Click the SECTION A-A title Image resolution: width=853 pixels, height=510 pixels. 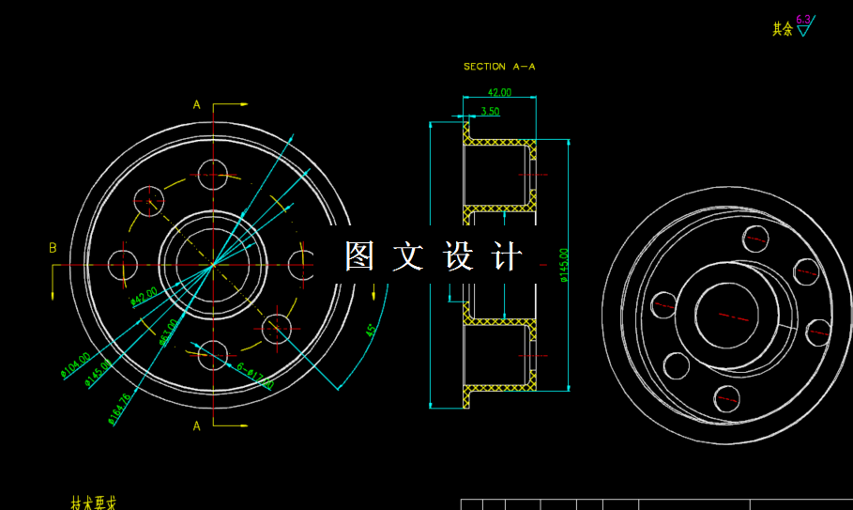pyautogui.click(x=498, y=67)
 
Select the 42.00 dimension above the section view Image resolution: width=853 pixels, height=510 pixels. pyautogui.click(x=499, y=92)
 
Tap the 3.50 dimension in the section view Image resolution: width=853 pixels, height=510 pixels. pyautogui.click(x=490, y=111)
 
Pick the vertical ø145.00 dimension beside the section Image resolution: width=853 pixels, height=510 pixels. pyautogui.click(x=563, y=265)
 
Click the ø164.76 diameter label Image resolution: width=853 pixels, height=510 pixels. pyautogui.click(x=119, y=409)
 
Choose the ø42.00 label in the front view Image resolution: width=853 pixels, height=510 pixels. pyautogui.click(x=144, y=298)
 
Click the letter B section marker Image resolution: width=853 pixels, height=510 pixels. pyautogui.click(x=53, y=248)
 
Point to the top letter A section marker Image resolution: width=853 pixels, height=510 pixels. pyautogui.click(x=197, y=104)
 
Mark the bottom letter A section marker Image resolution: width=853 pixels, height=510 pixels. pyautogui.click(x=197, y=425)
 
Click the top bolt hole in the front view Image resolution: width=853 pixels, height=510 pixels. pyautogui.click(x=214, y=173)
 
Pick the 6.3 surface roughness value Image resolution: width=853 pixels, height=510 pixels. pyautogui.click(x=803, y=19)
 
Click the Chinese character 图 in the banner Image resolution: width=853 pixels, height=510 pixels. pyautogui.click(x=359, y=256)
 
